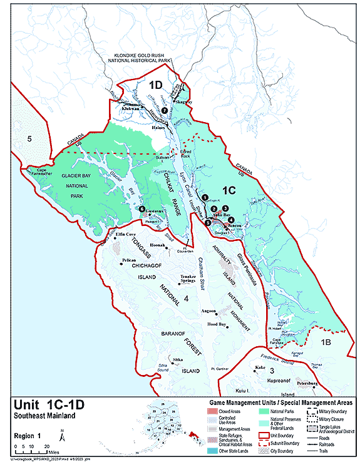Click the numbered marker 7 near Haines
(165, 110)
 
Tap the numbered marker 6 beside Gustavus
(142, 209)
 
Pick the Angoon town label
(208, 310)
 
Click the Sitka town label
(178, 359)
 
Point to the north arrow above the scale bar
(61, 431)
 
